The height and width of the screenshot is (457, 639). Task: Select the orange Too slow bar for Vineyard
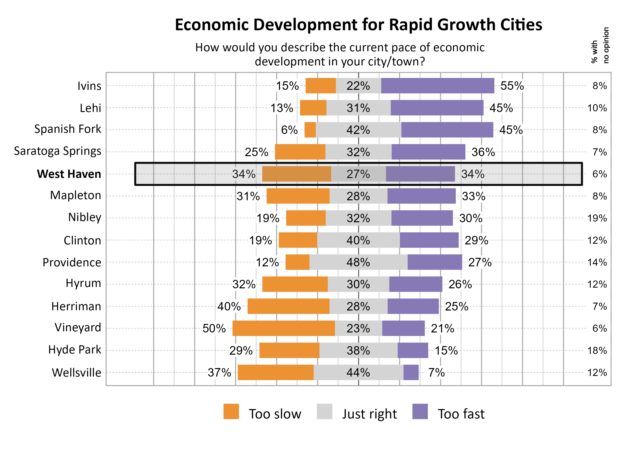click(283, 328)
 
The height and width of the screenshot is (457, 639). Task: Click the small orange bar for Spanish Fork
click(310, 130)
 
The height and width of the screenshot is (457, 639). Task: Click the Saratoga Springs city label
click(57, 151)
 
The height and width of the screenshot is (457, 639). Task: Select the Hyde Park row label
click(74, 350)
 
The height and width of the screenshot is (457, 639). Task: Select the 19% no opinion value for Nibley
click(597, 218)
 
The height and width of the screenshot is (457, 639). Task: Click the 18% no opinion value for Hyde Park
click(597, 350)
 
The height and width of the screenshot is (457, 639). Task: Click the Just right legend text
click(369, 414)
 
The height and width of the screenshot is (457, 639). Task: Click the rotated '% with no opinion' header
click(600, 45)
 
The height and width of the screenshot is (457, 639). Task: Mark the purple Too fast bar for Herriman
click(413, 306)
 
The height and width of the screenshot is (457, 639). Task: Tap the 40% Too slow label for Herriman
click(229, 306)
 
